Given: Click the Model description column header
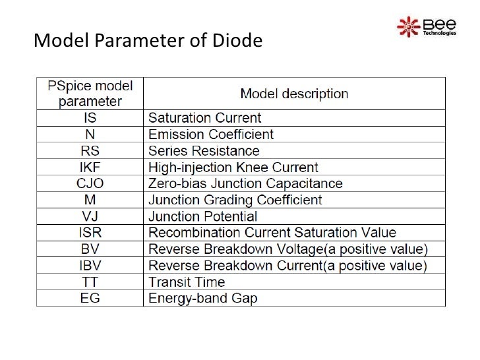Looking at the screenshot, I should [294, 94].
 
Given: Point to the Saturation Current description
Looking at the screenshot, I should [204, 118].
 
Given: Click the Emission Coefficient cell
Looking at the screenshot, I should [210, 135].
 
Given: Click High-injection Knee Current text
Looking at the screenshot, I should [233, 167].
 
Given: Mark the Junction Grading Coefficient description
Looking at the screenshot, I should [235, 200].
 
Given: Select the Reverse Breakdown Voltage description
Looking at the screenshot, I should [287, 249].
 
